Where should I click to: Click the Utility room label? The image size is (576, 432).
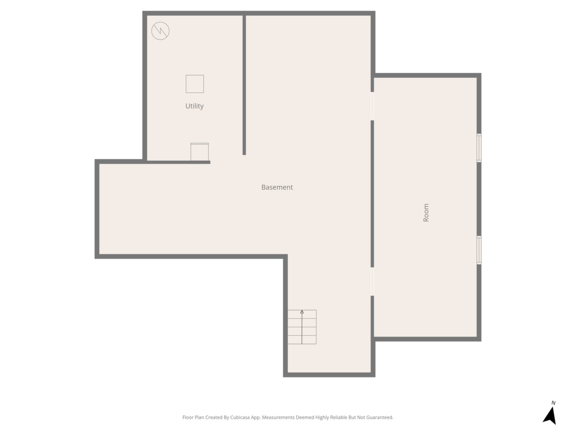coord(194,106)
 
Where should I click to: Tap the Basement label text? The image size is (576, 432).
coord(277,187)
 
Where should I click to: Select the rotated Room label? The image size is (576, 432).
coord(426,212)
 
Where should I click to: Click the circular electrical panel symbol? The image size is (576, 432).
coord(160,31)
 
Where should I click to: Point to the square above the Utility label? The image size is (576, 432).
coord(195,84)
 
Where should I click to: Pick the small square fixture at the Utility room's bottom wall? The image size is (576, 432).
coord(200,152)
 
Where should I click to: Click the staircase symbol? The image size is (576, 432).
coord(302,327)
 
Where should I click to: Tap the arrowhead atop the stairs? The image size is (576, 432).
coord(302,312)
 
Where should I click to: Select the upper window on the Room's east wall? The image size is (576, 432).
coord(479,148)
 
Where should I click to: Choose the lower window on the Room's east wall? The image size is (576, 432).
coord(479,250)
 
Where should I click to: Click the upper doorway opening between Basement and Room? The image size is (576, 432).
coord(372,106)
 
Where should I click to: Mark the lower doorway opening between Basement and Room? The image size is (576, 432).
coord(372,281)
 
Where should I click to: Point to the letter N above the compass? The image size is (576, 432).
coord(553,403)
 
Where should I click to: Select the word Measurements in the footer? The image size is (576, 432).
coord(279,417)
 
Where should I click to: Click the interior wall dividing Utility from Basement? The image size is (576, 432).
coord(244,85)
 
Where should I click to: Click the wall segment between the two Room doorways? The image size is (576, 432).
coord(372,194)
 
